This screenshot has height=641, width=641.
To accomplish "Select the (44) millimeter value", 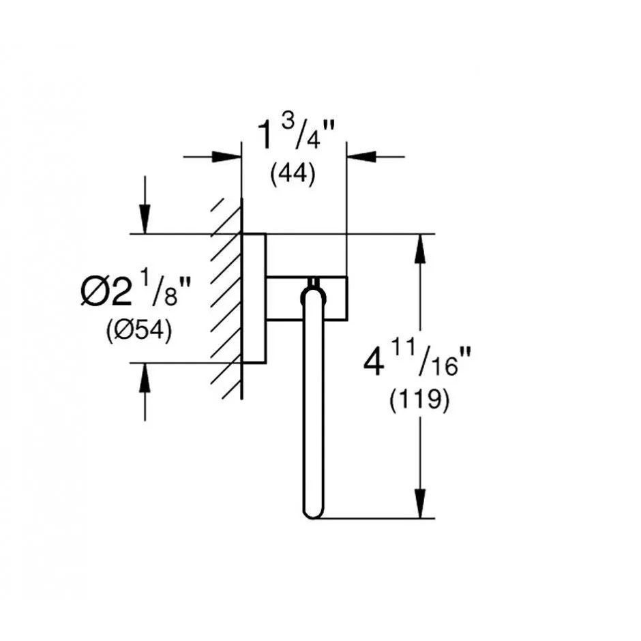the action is pyautogui.click(x=293, y=174).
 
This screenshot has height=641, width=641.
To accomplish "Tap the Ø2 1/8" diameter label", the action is pyautogui.click(x=136, y=290).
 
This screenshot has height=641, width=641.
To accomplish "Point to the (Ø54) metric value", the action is pyautogui.click(x=139, y=330).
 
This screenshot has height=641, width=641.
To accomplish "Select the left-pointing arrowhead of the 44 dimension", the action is pyautogui.click(x=361, y=157).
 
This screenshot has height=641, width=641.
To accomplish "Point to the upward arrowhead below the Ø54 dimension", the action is pyautogui.click(x=145, y=378).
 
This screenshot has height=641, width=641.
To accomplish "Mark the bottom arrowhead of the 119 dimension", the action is pyautogui.click(x=420, y=504).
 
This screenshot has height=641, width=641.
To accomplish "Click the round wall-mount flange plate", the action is pyautogui.click(x=254, y=299).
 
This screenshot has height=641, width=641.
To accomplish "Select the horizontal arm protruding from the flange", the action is pyautogui.click(x=307, y=299).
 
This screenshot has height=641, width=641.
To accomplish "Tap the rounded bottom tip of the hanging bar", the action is pyautogui.click(x=313, y=513).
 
